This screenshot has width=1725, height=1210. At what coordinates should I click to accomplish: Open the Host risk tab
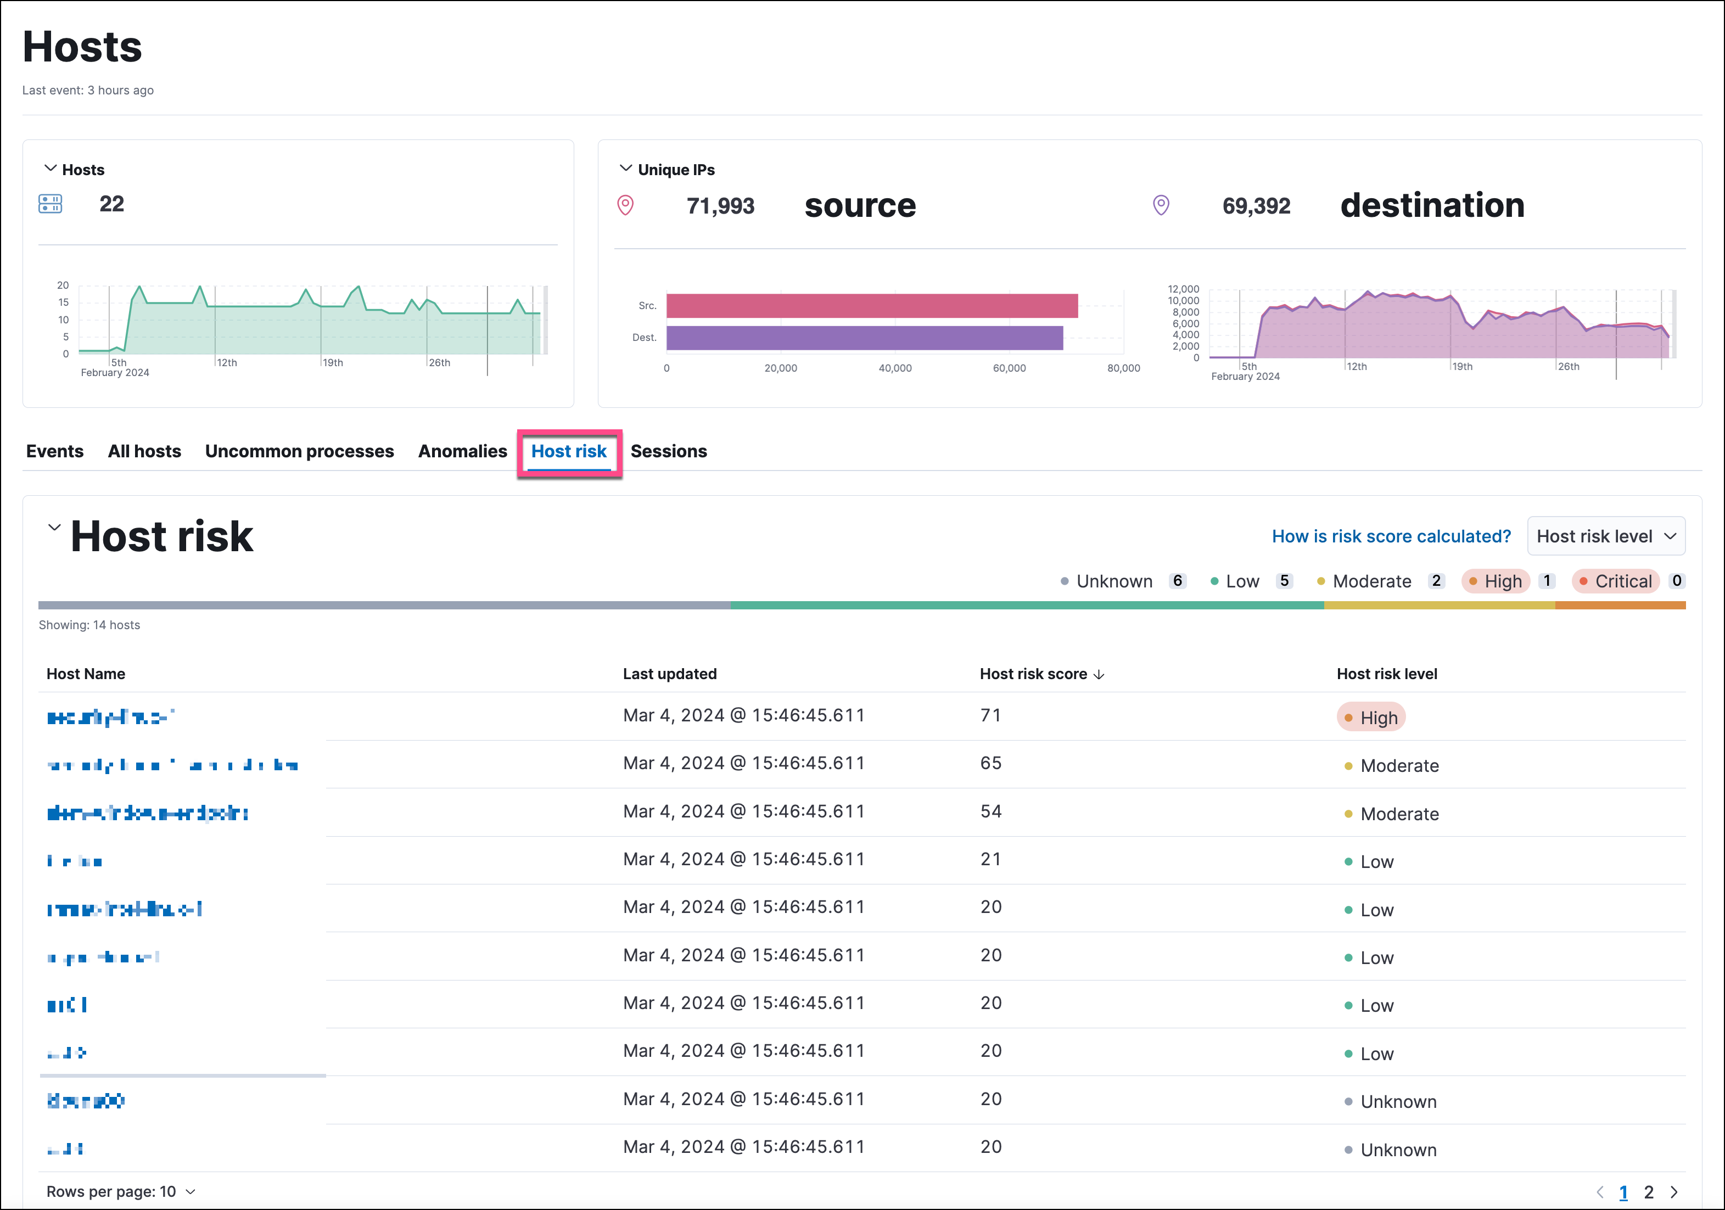tap(569, 451)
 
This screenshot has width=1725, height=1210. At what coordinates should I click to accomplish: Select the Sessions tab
tap(668, 451)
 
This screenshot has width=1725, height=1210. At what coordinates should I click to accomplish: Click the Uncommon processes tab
tap(299, 451)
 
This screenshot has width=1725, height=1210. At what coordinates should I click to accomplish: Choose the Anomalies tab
tap(462, 451)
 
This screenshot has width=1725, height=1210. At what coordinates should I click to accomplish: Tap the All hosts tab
tap(144, 451)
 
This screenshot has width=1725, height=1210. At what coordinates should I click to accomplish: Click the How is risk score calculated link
tap(1391, 536)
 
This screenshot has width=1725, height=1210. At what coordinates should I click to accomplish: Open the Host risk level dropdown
tap(1605, 536)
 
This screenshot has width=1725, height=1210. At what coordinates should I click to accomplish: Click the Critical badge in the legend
tap(1615, 581)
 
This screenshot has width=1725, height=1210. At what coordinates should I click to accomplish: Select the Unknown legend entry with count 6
tap(1113, 581)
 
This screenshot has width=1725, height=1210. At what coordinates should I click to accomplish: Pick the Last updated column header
tap(669, 674)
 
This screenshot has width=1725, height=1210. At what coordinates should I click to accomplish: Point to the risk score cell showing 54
tap(990, 812)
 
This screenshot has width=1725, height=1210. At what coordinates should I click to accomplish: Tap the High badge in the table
tap(1371, 718)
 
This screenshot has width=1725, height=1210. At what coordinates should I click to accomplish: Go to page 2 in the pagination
tap(1648, 1192)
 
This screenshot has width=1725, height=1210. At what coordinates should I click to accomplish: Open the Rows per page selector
tap(120, 1192)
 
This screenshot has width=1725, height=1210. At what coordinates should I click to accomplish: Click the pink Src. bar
tap(871, 306)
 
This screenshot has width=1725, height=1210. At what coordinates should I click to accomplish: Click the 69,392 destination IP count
tap(1256, 206)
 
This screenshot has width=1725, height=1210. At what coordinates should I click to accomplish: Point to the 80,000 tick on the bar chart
tap(1123, 368)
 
